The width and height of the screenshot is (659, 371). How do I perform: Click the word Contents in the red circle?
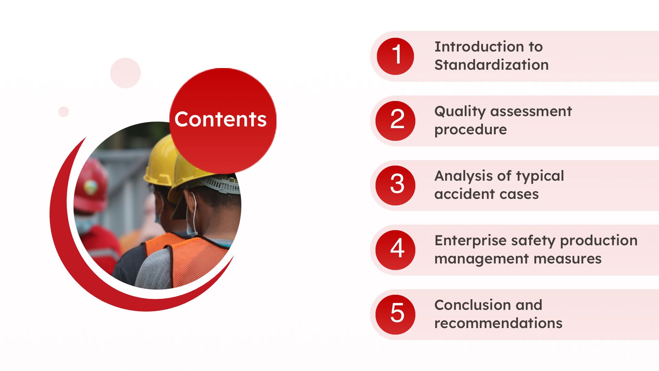(220, 119)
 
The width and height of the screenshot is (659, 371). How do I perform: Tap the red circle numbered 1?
(395, 56)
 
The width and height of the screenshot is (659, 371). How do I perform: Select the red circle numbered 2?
(395, 121)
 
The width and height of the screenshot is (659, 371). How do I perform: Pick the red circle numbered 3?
(395, 185)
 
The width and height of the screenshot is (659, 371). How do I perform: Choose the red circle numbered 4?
(395, 250)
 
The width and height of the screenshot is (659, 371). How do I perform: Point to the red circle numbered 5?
(395, 315)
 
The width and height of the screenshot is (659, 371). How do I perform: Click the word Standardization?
(492, 65)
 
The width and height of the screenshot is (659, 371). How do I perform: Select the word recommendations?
(498, 323)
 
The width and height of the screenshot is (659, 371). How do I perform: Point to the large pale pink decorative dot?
(125, 73)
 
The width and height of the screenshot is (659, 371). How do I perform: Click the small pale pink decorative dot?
(63, 112)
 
